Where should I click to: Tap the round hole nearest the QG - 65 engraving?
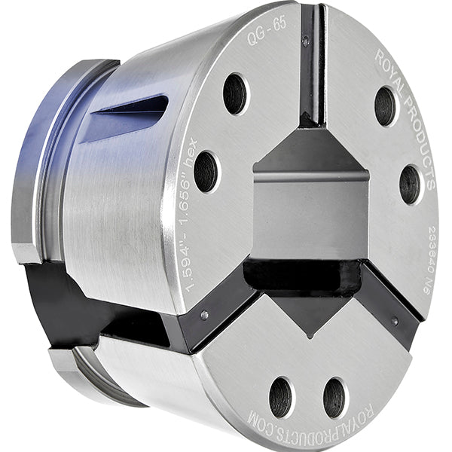pyautogui.click(x=234, y=93)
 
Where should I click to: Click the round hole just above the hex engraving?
pyautogui.click(x=205, y=171)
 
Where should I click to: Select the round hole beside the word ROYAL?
pyautogui.click(x=385, y=105)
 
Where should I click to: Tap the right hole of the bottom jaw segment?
pyautogui.click(x=335, y=396)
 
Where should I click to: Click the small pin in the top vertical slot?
pyautogui.click(x=305, y=41)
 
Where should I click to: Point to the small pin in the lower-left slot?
pyautogui.click(x=204, y=315)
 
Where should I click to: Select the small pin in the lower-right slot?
pyautogui.click(x=394, y=320)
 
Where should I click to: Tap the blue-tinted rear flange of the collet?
pyautogui.click(x=38, y=158)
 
